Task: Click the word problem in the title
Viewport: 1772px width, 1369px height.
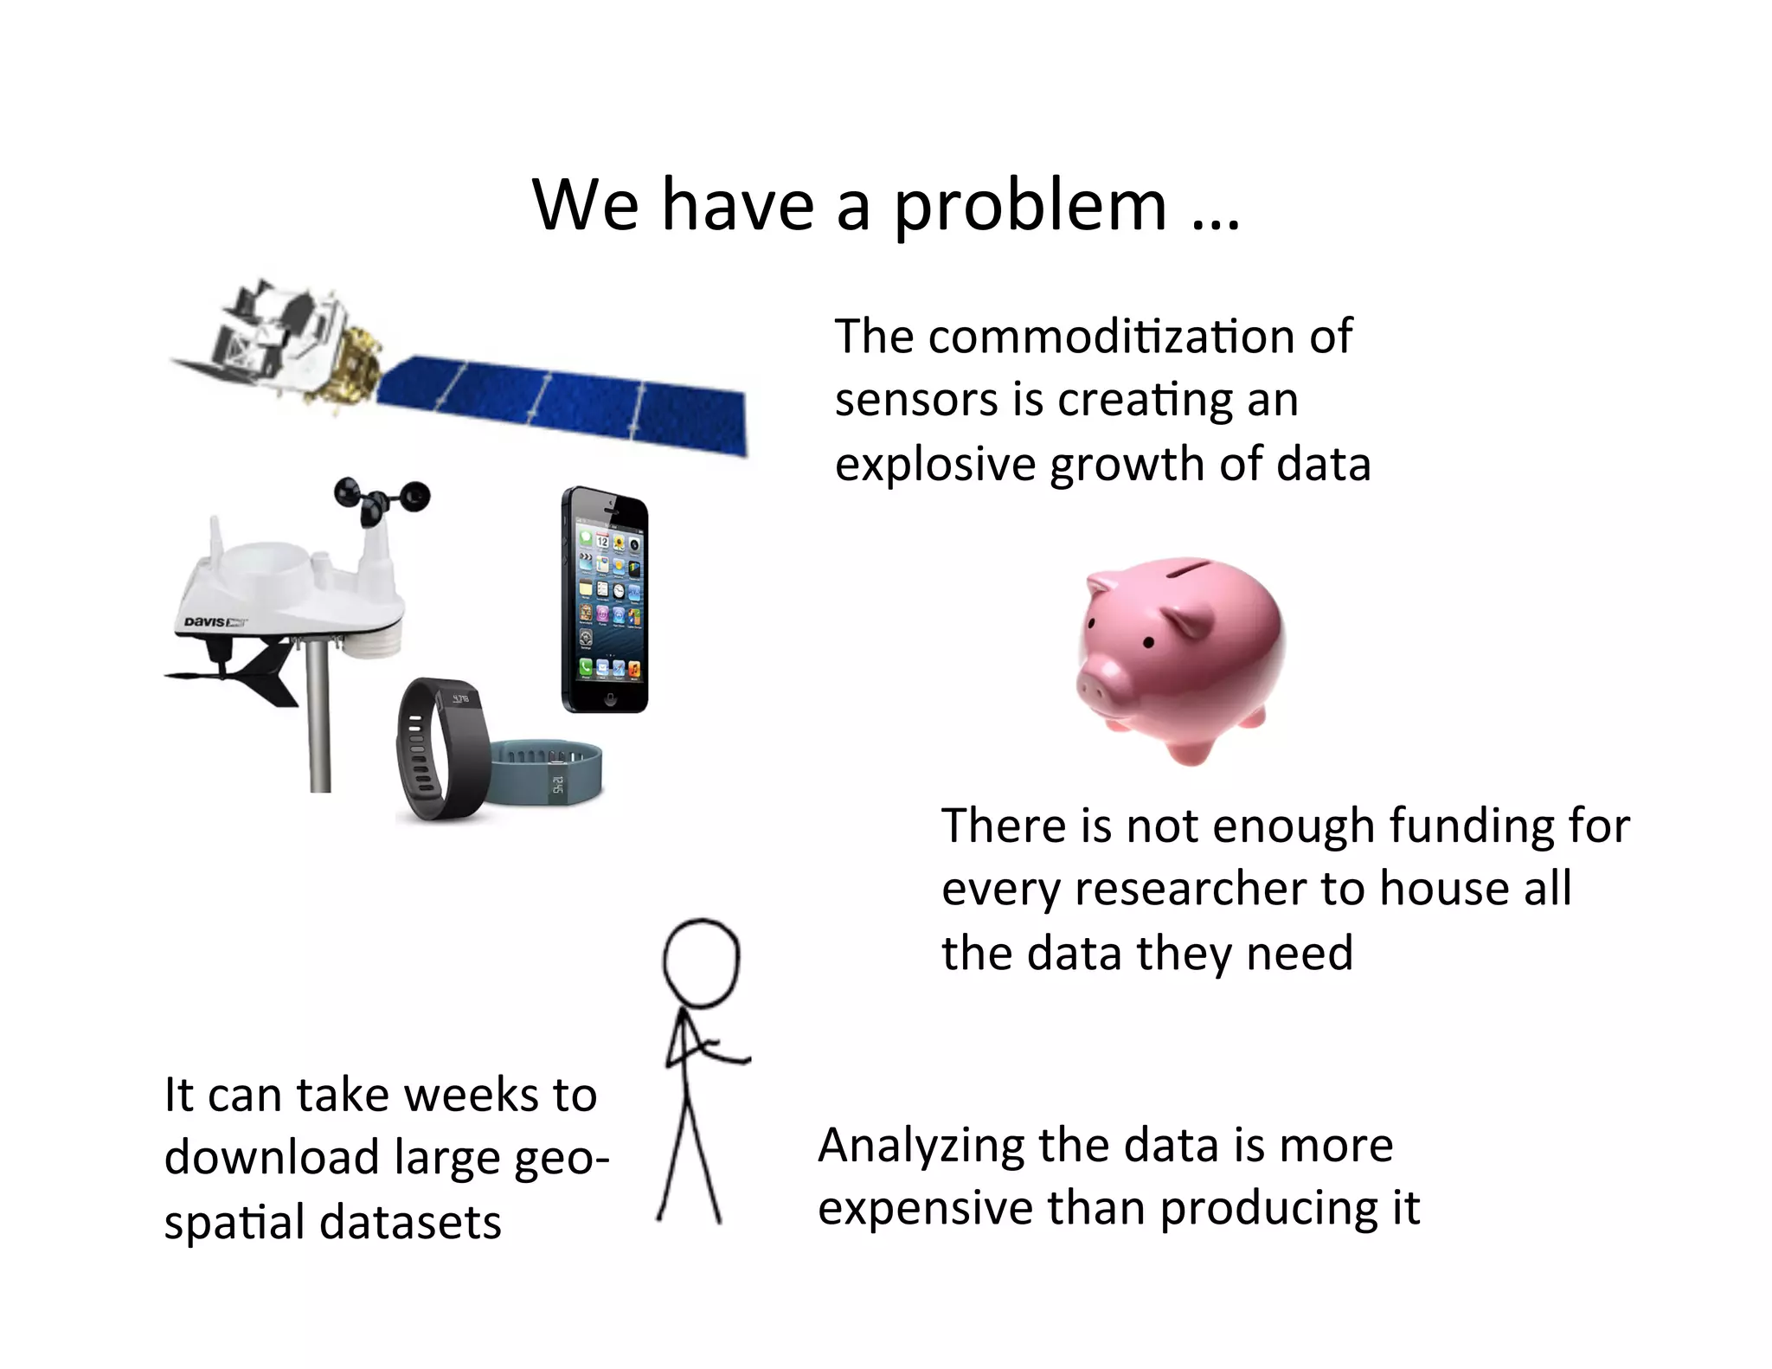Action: coord(1030,208)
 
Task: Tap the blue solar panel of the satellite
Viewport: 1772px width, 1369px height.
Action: coord(562,402)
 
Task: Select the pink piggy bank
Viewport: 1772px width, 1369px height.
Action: coord(1181,658)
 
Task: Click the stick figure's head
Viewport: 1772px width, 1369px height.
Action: coord(701,962)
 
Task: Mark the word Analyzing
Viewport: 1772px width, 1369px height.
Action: coord(921,1147)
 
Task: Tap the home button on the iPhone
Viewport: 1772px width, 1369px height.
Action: coord(610,699)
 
